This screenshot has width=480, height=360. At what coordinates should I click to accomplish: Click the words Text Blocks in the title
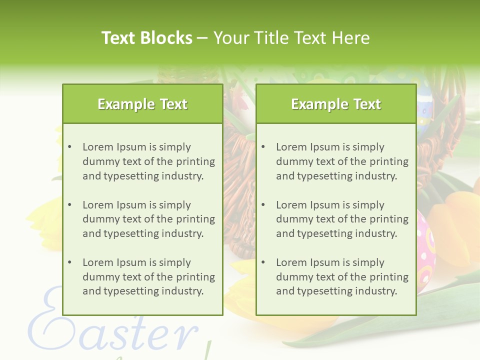(x=146, y=38)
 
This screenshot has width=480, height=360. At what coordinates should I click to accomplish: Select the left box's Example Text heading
(x=142, y=104)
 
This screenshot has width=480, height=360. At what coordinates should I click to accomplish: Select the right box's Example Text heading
(x=336, y=104)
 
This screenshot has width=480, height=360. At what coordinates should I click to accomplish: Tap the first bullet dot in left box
(x=70, y=147)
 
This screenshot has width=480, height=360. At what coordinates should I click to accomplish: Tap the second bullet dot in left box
(x=70, y=205)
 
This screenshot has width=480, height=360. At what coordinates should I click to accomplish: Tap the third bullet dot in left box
(x=70, y=262)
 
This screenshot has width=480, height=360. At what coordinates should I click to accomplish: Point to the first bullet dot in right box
(x=263, y=147)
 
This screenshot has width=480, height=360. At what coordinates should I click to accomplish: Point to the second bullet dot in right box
(x=263, y=205)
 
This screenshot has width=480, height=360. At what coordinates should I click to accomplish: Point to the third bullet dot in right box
(x=263, y=262)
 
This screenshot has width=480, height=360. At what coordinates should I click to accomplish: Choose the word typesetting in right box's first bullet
(x=324, y=176)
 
